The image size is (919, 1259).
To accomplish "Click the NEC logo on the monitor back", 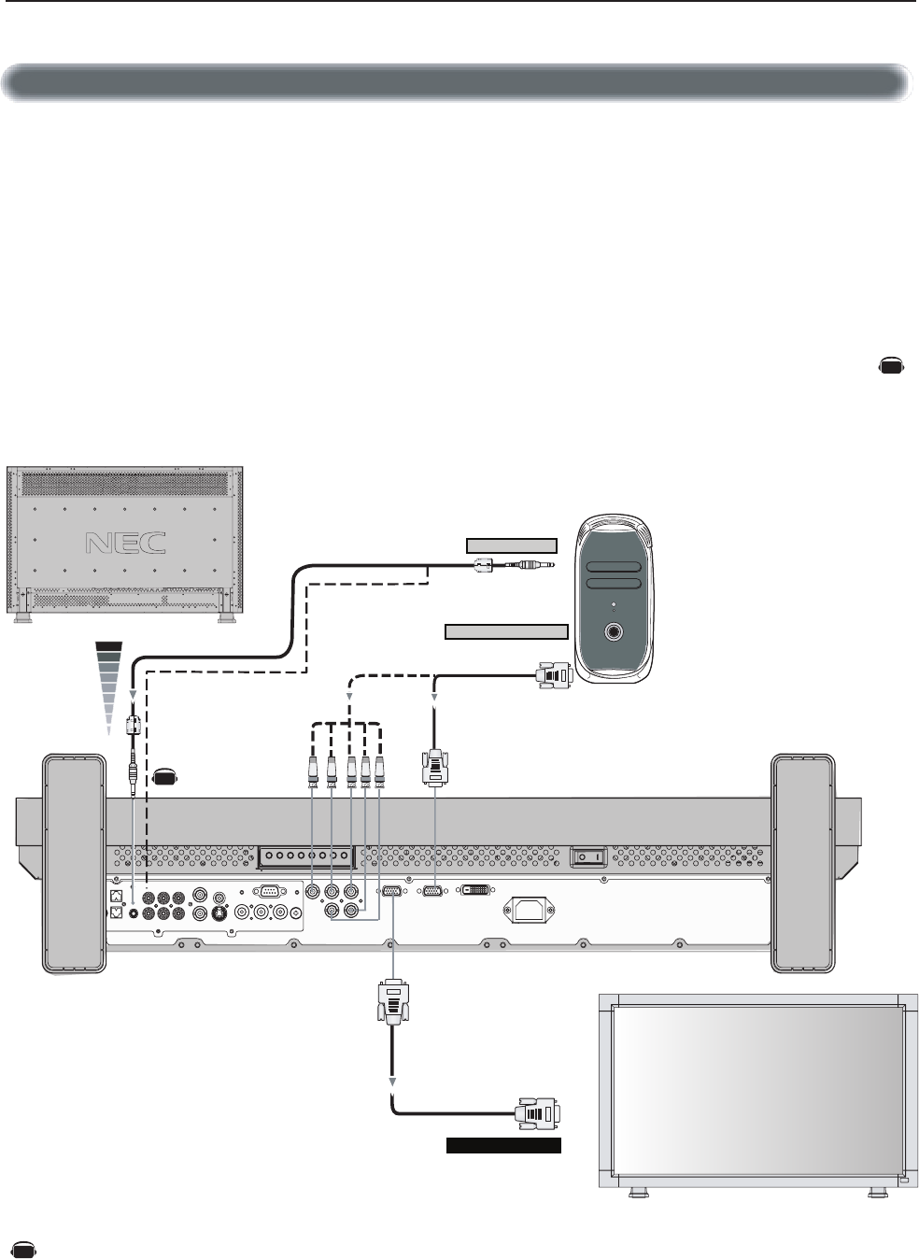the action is click(x=125, y=543).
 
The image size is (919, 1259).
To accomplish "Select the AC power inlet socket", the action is click(x=528, y=908).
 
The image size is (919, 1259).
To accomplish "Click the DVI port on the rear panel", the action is click(x=474, y=893).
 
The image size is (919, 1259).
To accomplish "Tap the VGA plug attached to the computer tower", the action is click(x=553, y=674).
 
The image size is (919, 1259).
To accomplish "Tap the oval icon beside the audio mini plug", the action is click(x=165, y=775).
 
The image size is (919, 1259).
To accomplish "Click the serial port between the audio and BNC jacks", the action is click(x=267, y=891).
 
